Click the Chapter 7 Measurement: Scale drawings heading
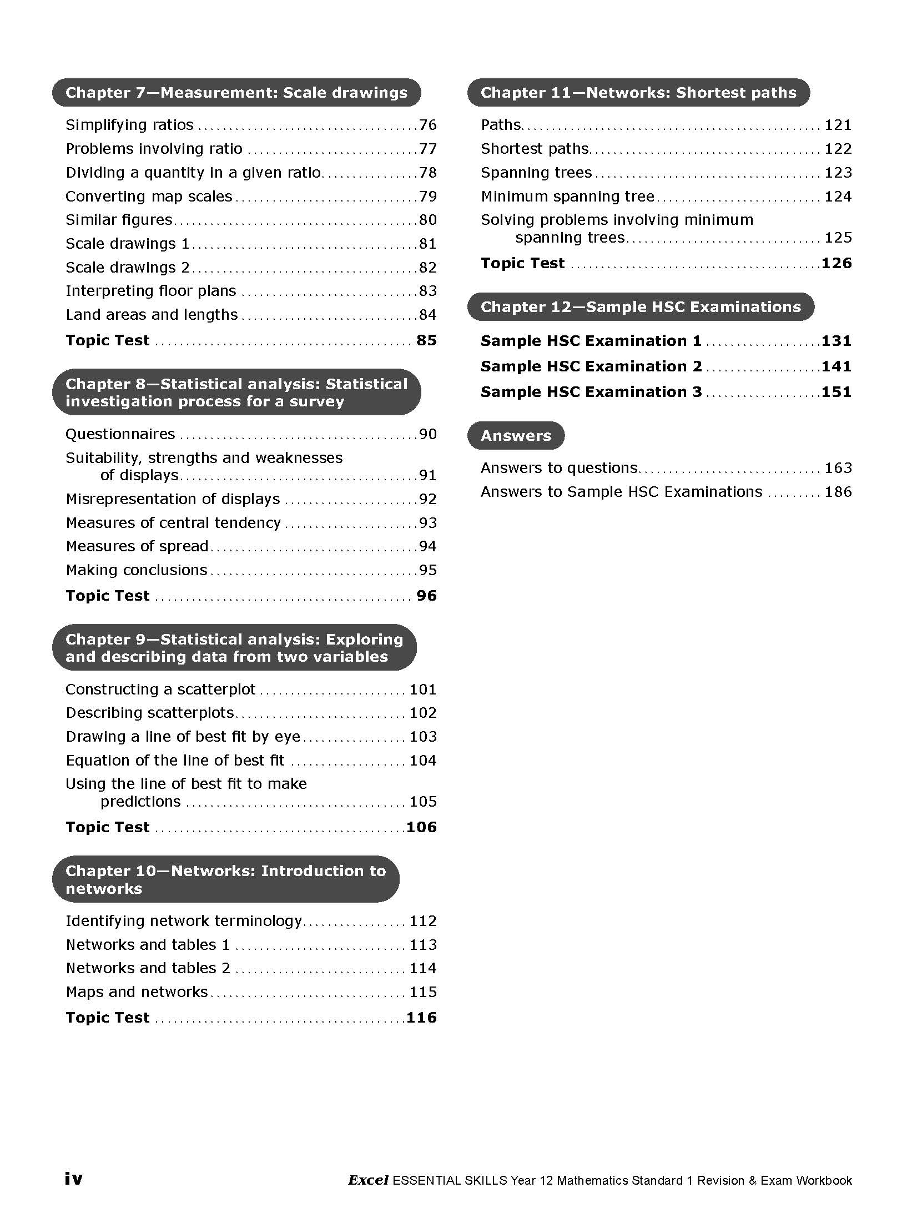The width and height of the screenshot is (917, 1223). click(236, 93)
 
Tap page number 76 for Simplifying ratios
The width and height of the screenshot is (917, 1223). click(427, 125)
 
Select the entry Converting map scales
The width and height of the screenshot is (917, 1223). click(149, 197)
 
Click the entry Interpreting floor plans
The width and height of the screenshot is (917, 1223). click(151, 291)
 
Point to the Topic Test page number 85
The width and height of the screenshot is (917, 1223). click(426, 340)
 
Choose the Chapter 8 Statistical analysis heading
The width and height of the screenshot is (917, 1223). click(236, 392)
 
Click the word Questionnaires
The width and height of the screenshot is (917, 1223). click(120, 434)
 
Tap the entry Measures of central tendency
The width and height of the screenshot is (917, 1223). click(173, 523)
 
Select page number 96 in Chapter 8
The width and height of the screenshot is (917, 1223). click(426, 596)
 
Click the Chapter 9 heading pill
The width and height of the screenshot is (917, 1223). click(234, 648)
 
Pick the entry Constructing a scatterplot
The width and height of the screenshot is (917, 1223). click(160, 689)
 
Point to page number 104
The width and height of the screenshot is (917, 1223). click(422, 761)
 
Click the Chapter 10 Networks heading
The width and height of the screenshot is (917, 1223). click(225, 879)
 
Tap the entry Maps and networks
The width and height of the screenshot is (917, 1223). click(137, 992)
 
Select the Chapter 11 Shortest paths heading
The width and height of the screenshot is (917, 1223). click(638, 93)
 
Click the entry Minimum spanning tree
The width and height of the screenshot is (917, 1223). click(567, 197)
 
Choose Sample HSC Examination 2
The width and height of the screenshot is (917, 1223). click(591, 366)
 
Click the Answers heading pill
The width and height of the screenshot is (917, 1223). click(516, 436)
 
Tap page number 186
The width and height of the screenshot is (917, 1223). click(838, 492)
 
